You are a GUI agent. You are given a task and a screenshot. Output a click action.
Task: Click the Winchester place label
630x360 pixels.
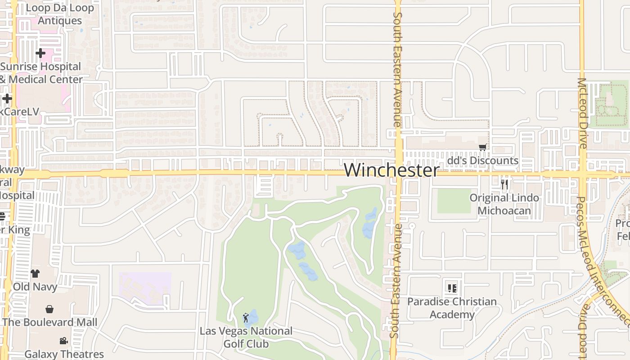click(391, 170)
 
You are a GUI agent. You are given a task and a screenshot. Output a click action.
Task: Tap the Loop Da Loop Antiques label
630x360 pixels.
click(60, 14)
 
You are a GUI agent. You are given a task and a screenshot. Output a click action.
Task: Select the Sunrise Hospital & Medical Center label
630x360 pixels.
click(41, 73)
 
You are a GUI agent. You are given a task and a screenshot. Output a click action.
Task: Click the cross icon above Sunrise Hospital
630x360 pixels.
click(40, 53)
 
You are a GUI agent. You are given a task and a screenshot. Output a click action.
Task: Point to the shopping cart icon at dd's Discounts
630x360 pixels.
click(482, 148)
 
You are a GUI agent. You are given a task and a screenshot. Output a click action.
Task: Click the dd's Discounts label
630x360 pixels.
click(482, 161)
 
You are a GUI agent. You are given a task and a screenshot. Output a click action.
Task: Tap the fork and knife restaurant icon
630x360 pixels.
click(504, 184)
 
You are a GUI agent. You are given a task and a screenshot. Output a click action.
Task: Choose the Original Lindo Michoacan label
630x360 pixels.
click(504, 204)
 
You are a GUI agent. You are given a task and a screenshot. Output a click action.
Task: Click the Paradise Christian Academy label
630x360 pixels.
click(452, 308)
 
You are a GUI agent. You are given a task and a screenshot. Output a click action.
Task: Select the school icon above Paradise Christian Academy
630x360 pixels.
click(452, 288)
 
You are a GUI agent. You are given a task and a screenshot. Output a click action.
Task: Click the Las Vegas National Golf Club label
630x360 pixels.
click(246, 337)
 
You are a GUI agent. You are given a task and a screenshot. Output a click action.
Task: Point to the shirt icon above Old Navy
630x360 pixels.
click(35, 273)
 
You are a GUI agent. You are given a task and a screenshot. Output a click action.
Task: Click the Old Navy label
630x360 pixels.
click(35, 287)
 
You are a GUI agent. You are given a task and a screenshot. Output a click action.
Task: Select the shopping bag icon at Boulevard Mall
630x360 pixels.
click(49, 309)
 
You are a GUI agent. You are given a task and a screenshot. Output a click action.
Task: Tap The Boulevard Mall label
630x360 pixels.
click(49, 322)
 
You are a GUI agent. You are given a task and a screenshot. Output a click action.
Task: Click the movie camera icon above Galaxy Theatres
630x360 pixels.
click(63, 341)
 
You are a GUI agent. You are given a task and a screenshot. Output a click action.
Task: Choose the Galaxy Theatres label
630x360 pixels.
click(64, 354)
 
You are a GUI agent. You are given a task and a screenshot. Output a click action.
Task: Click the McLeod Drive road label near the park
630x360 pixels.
click(582, 113)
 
